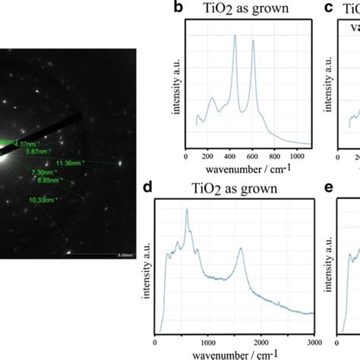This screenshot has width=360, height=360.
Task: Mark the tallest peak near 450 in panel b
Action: click(234, 36)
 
